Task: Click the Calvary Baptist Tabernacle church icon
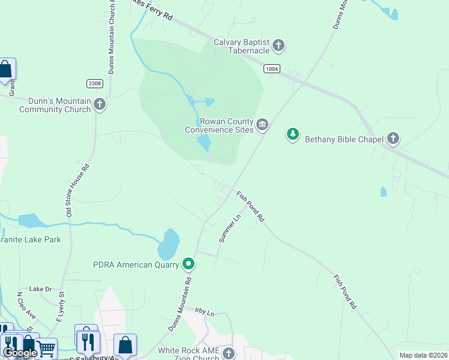(x=279, y=45)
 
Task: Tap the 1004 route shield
(x=271, y=69)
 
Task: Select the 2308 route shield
(x=95, y=83)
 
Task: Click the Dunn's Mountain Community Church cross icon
(x=100, y=104)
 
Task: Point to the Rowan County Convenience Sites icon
(x=262, y=125)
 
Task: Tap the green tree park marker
(x=292, y=134)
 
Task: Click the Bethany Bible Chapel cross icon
(x=393, y=139)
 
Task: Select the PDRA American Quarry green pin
(x=188, y=263)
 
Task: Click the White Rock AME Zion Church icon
(x=228, y=353)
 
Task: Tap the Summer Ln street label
(x=229, y=229)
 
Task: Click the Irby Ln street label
(x=205, y=311)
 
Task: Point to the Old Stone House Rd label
(x=76, y=190)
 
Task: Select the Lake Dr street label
(x=41, y=289)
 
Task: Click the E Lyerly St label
(x=61, y=305)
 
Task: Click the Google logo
(x=20, y=353)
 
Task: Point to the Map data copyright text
(x=423, y=355)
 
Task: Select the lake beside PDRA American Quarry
(x=169, y=243)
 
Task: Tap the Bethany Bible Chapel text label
(x=344, y=140)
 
